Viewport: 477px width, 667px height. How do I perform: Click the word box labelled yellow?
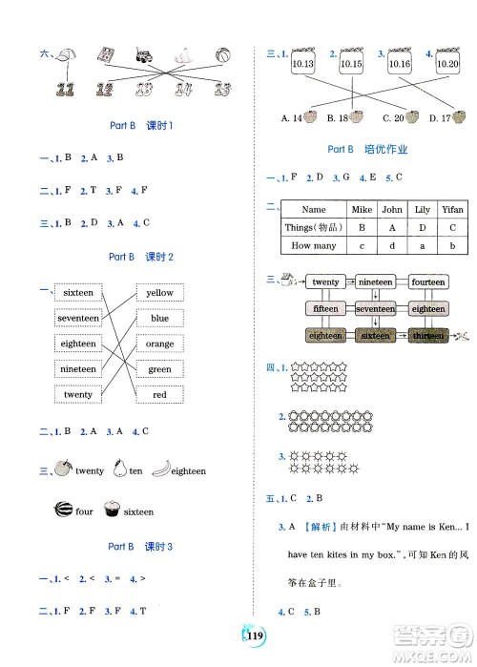[x=160, y=293]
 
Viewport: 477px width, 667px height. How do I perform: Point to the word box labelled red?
[x=160, y=395]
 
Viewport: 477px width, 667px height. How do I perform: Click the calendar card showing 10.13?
[x=303, y=63]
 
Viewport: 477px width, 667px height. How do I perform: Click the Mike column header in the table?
[x=361, y=209]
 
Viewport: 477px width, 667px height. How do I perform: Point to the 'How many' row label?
[x=313, y=245]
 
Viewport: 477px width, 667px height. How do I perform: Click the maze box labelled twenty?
[x=325, y=282]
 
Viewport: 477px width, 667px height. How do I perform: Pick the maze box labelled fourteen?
[x=428, y=282]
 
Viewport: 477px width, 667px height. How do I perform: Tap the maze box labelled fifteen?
[x=325, y=309]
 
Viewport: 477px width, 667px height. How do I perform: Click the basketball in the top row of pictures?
[x=223, y=55]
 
